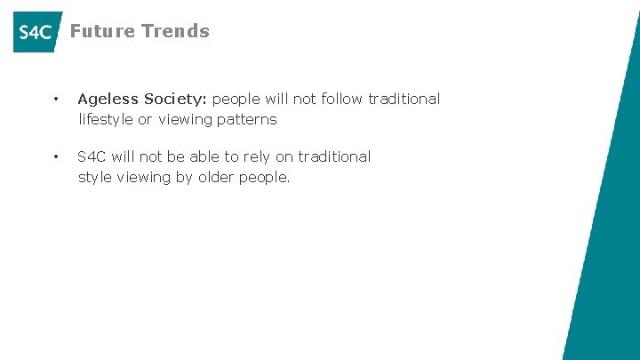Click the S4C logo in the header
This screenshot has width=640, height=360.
tap(36, 32)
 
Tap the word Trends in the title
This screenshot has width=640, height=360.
tap(175, 31)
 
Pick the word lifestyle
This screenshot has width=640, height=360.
tap(105, 119)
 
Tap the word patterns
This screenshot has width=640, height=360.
tap(247, 119)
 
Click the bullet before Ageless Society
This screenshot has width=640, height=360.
tap(55, 100)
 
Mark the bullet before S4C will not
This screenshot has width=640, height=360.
tap(55, 157)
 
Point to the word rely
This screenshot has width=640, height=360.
tap(257, 157)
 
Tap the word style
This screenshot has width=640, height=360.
tap(97, 177)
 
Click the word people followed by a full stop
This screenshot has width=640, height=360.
tap(264, 178)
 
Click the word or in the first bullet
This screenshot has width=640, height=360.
tap(145, 119)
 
